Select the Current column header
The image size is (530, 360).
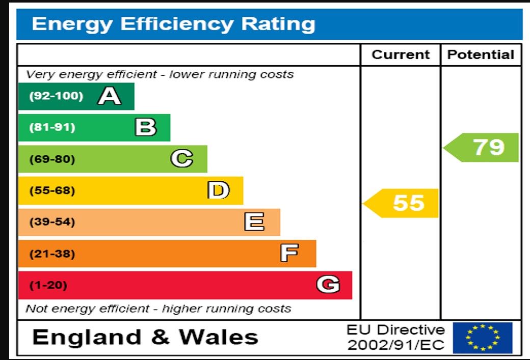(x=401, y=55)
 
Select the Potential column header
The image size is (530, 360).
(x=481, y=55)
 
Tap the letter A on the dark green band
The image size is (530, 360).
(x=109, y=96)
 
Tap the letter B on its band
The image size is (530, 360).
(x=145, y=127)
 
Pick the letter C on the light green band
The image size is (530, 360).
(x=181, y=159)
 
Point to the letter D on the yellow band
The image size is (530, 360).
(x=218, y=190)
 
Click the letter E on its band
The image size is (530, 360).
(x=254, y=222)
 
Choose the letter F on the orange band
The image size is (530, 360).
(x=289, y=253)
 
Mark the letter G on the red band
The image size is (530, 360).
(x=328, y=285)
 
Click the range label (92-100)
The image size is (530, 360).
(x=56, y=96)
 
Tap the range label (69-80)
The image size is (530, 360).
(x=52, y=159)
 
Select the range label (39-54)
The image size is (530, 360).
(x=52, y=222)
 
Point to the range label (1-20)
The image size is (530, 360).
(x=48, y=285)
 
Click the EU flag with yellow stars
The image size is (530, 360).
(x=482, y=338)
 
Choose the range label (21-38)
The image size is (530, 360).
(x=52, y=254)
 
